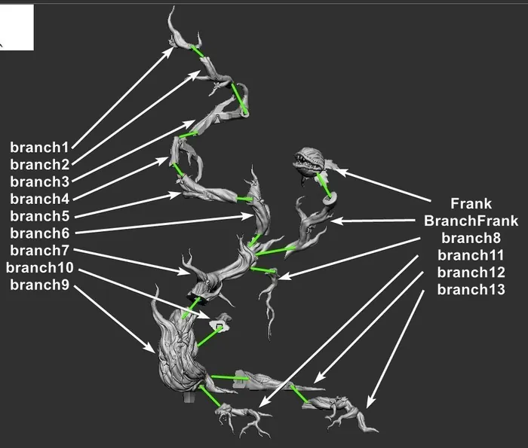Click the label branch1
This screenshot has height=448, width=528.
39,147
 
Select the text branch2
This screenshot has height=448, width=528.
39,164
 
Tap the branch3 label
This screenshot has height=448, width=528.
39,181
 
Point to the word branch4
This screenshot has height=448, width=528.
39,199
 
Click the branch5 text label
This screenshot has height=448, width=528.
39,216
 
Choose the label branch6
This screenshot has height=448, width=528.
39,233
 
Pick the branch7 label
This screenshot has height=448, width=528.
39,251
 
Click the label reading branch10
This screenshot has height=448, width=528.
39,268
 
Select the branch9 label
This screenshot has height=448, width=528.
39,285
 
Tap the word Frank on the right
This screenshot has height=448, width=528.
471,203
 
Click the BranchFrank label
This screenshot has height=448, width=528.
471,221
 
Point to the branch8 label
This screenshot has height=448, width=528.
471,238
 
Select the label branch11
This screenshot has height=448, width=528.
471,255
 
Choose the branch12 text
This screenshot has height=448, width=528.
471,273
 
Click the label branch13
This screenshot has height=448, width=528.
471,290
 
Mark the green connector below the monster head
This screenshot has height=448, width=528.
324,184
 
